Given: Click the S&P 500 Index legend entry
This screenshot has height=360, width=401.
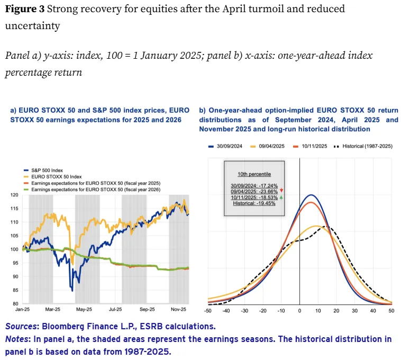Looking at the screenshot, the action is [x=43, y=170].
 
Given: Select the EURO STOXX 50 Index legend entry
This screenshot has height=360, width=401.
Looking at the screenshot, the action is [x=52, y=177].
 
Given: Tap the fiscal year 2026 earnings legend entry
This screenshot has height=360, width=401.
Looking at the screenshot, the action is [x=92, y=190].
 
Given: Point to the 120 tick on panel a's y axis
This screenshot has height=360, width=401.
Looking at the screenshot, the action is [x=14, y=195].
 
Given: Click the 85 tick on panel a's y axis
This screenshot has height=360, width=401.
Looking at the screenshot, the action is [x=15, y=290].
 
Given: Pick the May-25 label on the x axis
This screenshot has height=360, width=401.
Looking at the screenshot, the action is [x=84, y=309].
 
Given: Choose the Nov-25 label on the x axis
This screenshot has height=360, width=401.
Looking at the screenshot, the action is [x=178, y=309].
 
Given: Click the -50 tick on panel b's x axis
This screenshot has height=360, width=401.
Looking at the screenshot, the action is [x=208, y=311].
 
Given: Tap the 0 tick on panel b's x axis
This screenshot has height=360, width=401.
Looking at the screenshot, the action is [x=300, y=311].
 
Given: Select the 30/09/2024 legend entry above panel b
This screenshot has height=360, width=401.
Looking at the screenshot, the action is [x=225, y=146].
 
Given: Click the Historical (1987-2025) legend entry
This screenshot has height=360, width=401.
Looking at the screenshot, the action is [x=363, y=146].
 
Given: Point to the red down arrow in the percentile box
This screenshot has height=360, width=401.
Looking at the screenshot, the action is [x=281, y=191].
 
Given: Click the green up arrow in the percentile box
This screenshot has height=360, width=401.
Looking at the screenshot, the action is [x=281, y=197].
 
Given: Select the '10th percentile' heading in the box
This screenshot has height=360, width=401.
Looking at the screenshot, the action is [x=254, y=174].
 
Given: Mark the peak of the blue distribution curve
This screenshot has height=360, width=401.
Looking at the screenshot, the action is [x=311, y=195].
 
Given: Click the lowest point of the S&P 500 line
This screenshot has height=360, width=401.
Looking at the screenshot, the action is [x=72, y=291].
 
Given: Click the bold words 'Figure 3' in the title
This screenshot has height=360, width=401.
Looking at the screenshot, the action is [x=24, y=9].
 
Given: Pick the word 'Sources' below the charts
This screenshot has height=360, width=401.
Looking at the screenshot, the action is [x=22, y=327].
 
